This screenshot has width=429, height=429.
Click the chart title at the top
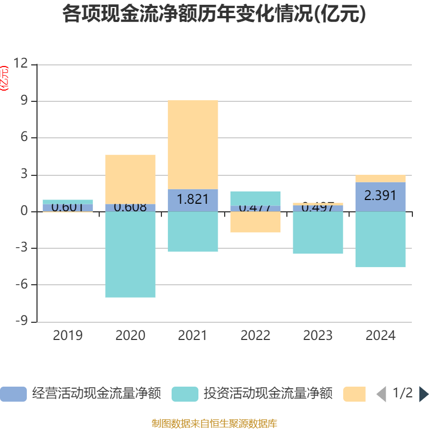pyautogui.click(x=214, y=14)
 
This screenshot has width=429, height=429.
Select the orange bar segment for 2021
pyautogui.click(x=193, y=144)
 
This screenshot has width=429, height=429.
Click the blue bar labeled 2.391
pyautogui.click(x=381, y=196)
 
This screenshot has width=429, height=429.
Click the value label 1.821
pyautogui.click(x=193, y=199)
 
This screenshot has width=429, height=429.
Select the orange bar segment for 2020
pyautogui.click(x=130, y=179)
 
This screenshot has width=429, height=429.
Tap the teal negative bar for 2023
pyautogui.click(x=318, y=233)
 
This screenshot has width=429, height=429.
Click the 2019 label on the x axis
pyautogui.click(x=68, y=336)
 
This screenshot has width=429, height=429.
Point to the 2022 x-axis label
pyautogui.click(x=255, y=336)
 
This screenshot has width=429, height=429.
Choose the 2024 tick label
pyautogui.click(x=381, y=336)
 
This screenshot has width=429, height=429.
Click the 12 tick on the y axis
pyautogui.click(x=20, y=64)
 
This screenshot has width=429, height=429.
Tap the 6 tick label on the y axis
pyautogui.click(x=23, y=138)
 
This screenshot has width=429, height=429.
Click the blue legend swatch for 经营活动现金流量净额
pyautogui.click(x=13, y=394)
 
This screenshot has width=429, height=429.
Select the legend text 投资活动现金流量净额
pyautogui.click(x=268, y=394)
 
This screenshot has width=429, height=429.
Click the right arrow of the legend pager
pyautogui.click(x=424, y=394)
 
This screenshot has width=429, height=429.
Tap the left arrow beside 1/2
pyautogui.click(x=381, y=394)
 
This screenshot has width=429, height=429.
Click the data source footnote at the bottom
pyautogui.click(x=214, y=423)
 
